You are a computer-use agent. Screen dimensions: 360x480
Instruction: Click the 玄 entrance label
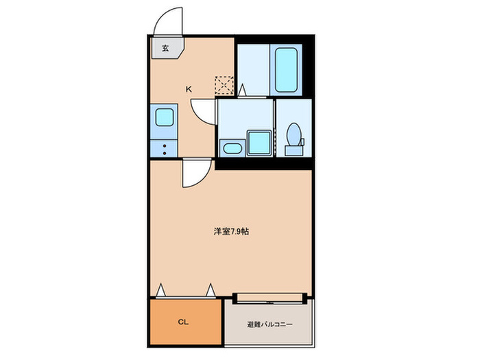tap(165, 48)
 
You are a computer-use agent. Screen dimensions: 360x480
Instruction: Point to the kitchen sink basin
tap(165, 118)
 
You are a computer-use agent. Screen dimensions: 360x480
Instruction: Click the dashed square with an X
tap(224, 84)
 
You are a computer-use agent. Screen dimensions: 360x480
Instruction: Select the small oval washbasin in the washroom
tap(230, 147)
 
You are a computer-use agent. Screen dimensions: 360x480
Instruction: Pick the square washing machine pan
tap(259, 143)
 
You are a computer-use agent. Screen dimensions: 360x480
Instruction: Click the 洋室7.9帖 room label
tap(230, 232)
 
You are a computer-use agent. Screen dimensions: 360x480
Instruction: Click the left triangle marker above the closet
tap(160, 291)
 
